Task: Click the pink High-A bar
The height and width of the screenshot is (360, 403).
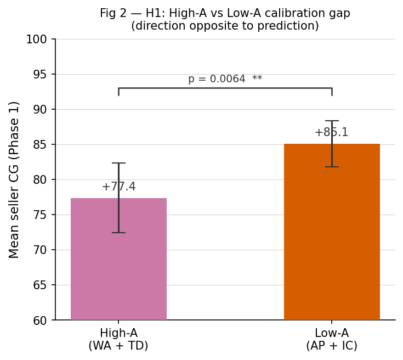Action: [118, 263]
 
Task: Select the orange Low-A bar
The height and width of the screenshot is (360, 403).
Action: [332, 236]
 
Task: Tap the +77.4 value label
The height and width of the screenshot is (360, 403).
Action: [118, 187]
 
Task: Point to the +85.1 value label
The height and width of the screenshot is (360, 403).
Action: [331, 133]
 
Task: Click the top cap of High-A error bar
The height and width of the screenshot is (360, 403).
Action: [118, 163]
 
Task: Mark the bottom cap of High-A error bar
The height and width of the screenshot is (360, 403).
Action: [118, 233]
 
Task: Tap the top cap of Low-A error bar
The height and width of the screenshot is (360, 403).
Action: [332, 121]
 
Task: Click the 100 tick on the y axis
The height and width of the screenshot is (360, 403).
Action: [36, 40]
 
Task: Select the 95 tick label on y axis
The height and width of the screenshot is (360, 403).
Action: [40, 75]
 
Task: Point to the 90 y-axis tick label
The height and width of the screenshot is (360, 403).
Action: [40, 110]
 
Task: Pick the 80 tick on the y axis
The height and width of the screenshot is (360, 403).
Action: [40, 180]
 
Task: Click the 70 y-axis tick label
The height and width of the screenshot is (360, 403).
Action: [40, 250]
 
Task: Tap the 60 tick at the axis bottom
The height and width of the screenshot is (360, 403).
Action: [40, 320]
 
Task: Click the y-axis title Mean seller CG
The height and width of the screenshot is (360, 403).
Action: [14, 179]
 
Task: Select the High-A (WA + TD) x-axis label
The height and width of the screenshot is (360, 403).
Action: [118, 340]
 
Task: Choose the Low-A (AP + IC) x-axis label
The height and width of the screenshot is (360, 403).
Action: [332, 340]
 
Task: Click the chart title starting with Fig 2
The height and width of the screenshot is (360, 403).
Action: [225, 14]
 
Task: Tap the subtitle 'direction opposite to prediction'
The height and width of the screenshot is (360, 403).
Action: [225, 26]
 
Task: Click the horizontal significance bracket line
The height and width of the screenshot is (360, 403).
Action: [225, 88]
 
